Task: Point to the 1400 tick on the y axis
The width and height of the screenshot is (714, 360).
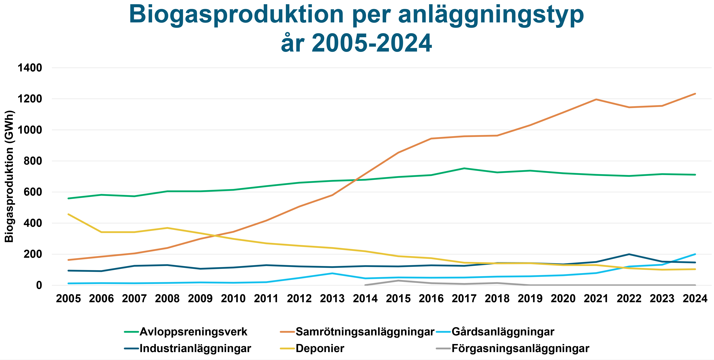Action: tap(30, 68)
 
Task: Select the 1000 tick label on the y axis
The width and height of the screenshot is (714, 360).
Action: tap(30, 130)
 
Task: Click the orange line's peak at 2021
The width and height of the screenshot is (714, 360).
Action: tap(596, 99)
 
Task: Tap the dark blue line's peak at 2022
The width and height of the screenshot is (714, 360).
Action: tap(629, 254)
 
